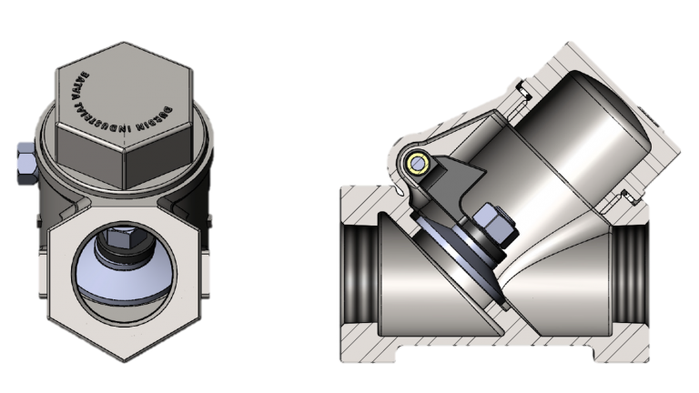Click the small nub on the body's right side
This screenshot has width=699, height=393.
[210, 217]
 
